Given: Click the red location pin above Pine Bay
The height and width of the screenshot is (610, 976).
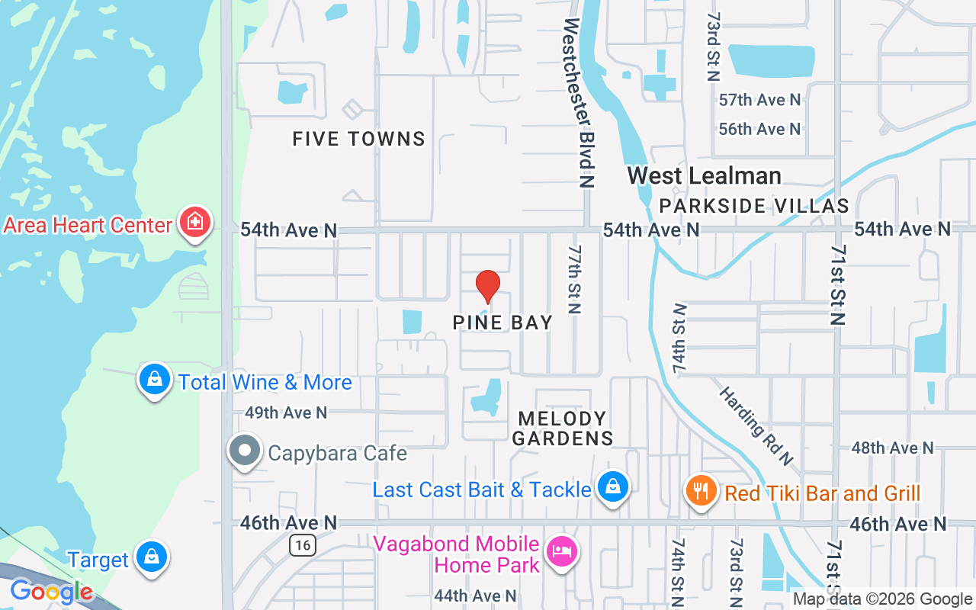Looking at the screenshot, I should point(488,287).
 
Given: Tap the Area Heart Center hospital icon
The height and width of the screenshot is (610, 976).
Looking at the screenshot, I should point(195,223).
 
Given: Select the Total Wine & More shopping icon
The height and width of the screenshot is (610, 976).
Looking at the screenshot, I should point(155,378).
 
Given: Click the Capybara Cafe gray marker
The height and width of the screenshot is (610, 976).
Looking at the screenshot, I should point(245,451).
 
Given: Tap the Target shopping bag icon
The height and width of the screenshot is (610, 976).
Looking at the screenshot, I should point(152,557).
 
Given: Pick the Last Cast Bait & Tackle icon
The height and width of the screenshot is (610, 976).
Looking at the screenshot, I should point(612,486).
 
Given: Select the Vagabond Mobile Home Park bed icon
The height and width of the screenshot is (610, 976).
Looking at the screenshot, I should point(562,551).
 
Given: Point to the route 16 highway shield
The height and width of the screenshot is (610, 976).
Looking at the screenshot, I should point(303,545).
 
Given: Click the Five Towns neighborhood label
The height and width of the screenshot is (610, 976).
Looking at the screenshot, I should point(359,139).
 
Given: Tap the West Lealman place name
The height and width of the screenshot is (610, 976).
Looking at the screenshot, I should point(704,176).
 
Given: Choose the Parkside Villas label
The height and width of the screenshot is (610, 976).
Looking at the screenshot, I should point(753,206).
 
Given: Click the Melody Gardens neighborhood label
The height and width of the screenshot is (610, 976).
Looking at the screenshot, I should point(563,428).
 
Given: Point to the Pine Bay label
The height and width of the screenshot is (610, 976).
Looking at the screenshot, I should point(502,323).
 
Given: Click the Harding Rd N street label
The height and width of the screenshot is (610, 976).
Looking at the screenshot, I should point(756,426).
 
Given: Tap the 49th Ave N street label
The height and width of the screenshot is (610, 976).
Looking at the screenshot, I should point(286,413).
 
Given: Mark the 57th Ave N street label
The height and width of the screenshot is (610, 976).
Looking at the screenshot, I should point(759,100).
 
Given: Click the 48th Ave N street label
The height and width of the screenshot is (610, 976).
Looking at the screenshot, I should point(892,448).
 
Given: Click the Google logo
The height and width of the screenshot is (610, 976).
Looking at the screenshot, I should point(51,592).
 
